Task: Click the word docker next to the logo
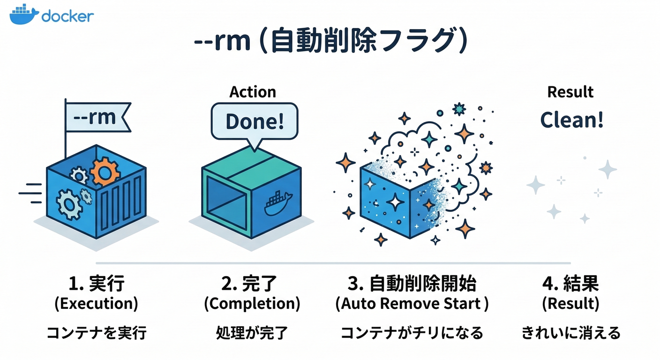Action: pos(67,16)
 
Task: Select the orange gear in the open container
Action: pos(105,172)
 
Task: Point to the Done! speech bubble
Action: pos(255,121)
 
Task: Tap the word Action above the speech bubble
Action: pos(253,92)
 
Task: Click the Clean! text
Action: pos(571,120)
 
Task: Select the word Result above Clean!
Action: pos(570,92)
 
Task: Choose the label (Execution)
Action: pos(96,304)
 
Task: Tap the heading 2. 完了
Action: pos(249,284)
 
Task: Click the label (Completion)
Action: pos(252,304)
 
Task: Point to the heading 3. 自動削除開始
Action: pos(411,284)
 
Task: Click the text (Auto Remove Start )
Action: pos(412,304)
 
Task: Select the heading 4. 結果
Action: pos(570,284)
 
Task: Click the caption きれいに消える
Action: pos(570,333)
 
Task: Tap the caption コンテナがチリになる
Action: pos(411,333)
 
